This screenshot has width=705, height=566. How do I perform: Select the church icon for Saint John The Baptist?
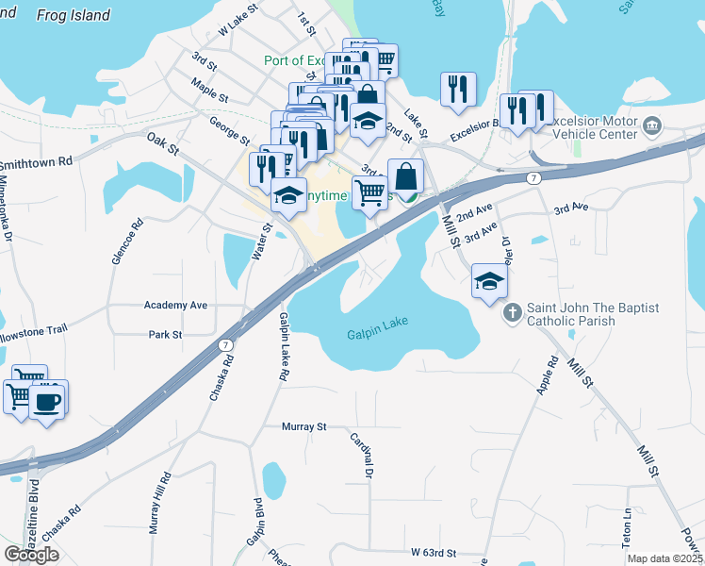(x=512, y=312)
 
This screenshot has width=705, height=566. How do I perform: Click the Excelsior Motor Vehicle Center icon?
(x=651, y=126)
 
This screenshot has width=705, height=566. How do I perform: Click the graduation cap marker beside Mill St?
(x=489, y=281)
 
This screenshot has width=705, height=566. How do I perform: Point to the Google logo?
(x=31, y=554)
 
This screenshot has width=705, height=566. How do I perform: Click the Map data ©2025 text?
(x=665, y=558)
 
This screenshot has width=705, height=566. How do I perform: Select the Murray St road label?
(x=303, y=426)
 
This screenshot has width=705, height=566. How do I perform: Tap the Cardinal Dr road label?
(x=362, y=454)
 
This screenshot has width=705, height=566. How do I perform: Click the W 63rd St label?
(x=433, y=551)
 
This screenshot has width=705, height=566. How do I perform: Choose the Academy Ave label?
(x=175, y=306)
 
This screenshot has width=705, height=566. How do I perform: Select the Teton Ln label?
(x=626, y=528)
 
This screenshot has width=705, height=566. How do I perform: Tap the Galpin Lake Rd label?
(x=282, y=347)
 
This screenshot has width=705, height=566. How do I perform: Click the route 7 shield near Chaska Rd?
(x=227, y=344)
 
